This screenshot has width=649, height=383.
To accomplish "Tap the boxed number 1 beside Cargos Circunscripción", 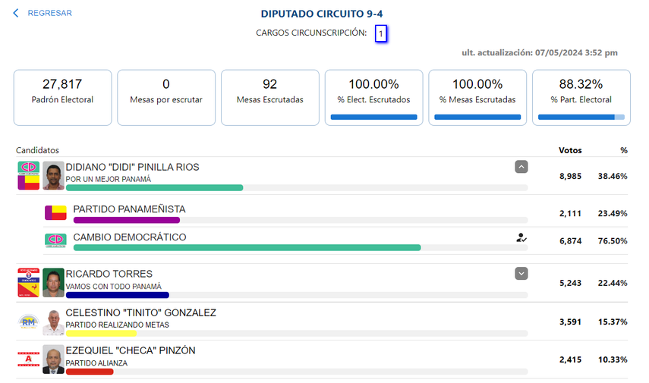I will tap(381, 33).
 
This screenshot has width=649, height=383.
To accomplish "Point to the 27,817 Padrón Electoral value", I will tap(62, 84).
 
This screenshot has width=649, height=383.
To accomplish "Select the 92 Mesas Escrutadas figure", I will tap(269, 84).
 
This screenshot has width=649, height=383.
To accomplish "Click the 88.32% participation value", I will tap(581, 84).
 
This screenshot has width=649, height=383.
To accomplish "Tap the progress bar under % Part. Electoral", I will tap(581, 118).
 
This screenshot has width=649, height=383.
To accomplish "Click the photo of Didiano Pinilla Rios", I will tap(53, 175).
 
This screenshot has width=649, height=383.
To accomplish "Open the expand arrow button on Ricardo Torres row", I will tap(521, 273).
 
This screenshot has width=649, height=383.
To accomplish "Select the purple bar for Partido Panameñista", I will tap(126, 220).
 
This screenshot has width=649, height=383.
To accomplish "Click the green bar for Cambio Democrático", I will tap(247, 247).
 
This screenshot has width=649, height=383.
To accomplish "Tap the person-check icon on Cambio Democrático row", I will tap(521, 237).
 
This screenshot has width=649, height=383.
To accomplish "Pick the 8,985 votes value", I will tap(570, 175).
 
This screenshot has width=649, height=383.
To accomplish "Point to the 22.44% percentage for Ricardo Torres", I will tap(612, 283).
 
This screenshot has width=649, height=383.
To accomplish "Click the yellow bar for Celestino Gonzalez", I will tap(101, 333).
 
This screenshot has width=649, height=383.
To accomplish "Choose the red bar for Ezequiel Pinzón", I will tap(90, 371).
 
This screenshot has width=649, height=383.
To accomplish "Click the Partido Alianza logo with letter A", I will tap(28, 360).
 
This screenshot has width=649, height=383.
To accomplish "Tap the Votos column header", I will tap(570, 150).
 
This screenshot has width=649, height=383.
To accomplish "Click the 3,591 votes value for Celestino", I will tap(570, 322).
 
